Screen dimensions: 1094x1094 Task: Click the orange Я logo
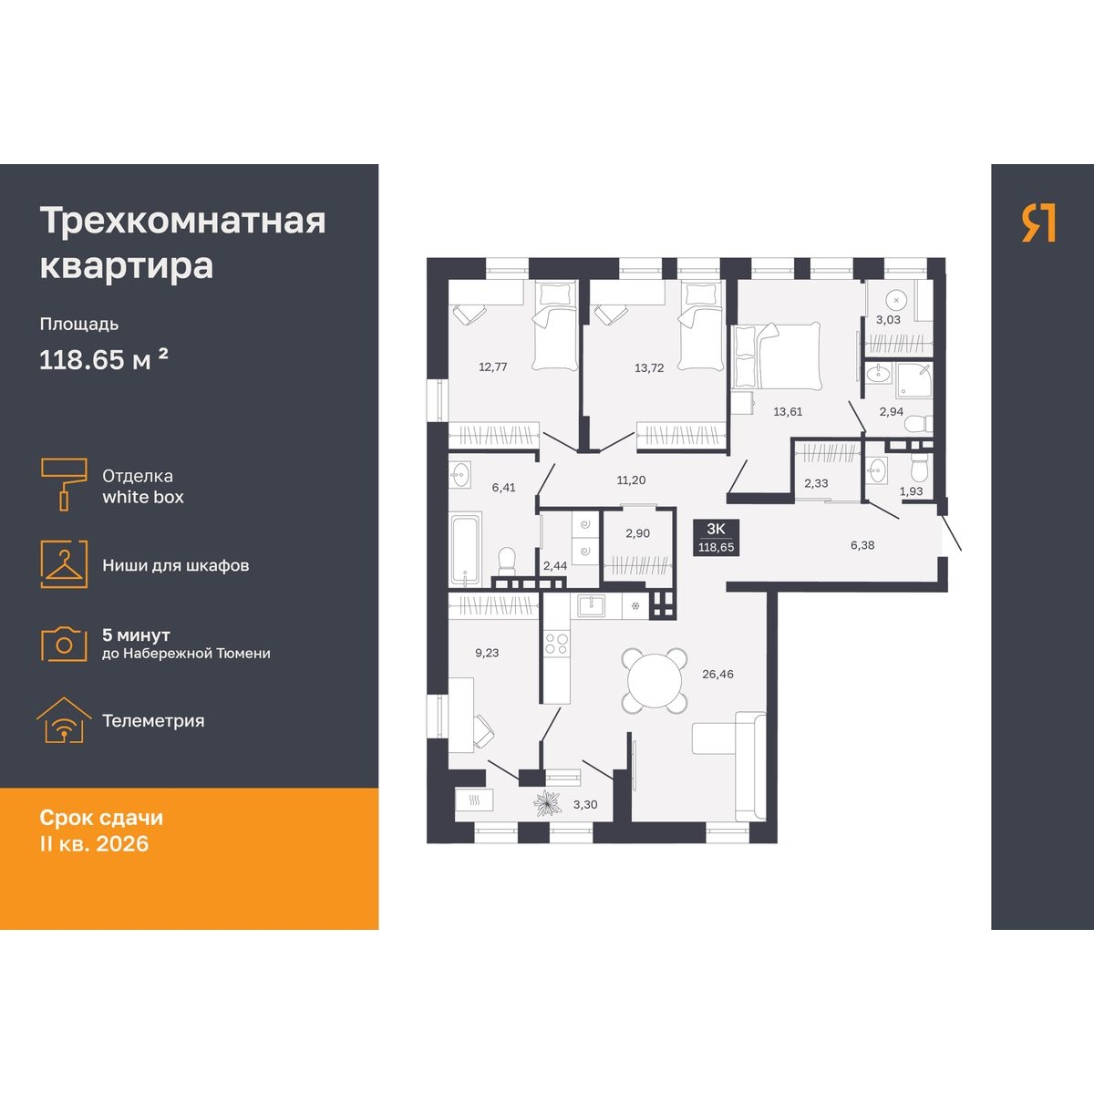click(1038, 223)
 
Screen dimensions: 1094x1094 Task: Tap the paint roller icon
click(64, 484)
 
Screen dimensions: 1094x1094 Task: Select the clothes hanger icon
click(64, 564)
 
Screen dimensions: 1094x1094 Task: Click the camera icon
click(64, 644)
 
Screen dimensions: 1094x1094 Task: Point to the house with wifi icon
click(64, 720)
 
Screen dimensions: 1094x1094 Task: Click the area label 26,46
click(717, 674)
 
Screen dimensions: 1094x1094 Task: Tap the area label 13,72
click(649, 368)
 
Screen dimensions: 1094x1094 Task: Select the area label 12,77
click(493, 366)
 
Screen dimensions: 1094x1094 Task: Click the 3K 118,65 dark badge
click(716, 538)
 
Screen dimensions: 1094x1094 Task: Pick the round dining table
click(655, 681)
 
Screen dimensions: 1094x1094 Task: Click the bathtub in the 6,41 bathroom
click(465, 549)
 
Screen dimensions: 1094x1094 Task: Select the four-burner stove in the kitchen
click(556, 645)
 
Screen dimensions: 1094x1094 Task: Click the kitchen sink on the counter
click(591, 605)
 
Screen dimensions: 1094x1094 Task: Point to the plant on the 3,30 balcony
click(548, 803)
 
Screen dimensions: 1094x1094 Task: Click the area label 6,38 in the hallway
click(862, 545)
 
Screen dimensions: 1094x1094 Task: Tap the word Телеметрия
click(153, 720)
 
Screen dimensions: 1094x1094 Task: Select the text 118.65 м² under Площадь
click(104, 359)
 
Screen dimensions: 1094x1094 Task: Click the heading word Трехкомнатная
click(183, 221)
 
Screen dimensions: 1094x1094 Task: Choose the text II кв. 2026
click(94, 843)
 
